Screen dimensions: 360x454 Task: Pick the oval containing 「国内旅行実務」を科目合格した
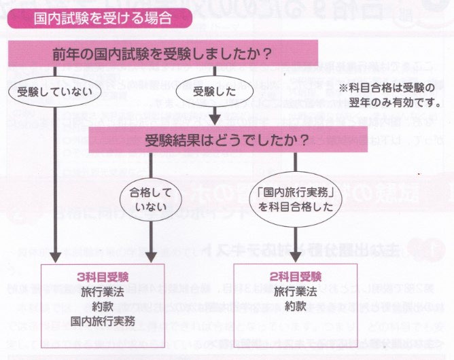click(296, 198)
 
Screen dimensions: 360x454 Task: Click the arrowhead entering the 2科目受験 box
click(296, 259)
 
